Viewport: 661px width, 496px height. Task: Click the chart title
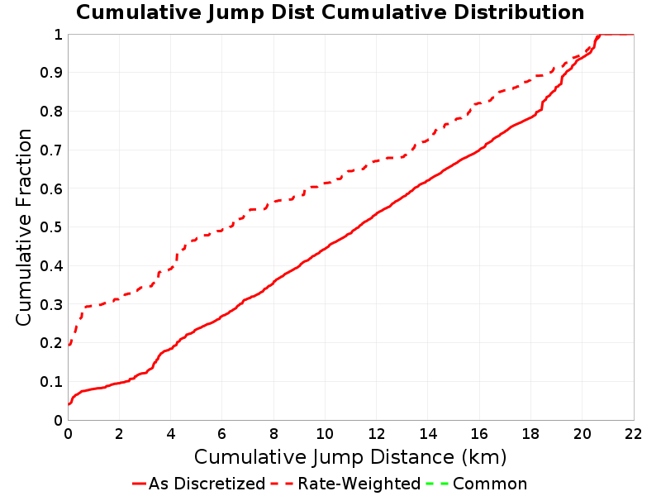(x=330, y=12)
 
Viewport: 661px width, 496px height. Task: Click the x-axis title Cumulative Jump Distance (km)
(x=350, y=458)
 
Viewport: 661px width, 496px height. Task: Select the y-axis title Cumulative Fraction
(x=24, y=227)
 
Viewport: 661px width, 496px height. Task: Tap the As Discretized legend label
(x=207, y=484)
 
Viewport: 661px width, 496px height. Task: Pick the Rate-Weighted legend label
(x=359, y=484)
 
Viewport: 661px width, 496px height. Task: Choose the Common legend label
(x=490, y=484)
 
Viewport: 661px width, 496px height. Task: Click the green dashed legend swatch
(x=437, y=484)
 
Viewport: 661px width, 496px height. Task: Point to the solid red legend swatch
(x=139, y=484)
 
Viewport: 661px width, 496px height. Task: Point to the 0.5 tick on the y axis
(x=51, y=227)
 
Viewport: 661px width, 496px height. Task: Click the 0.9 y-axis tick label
(x=51, y=73)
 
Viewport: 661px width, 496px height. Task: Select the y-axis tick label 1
(x=58, y=35)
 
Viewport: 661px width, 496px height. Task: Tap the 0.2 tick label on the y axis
(x=51, y=343)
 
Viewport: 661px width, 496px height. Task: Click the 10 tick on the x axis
(x=325, y=433)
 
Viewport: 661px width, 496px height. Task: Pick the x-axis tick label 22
(x=633, y=433)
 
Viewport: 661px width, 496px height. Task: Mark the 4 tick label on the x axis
(x=171, y=433)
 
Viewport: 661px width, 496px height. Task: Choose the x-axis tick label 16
(x=479, y=433)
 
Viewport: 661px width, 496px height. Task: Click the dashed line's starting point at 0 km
(x=69, y=345)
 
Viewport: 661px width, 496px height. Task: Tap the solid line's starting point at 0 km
(x=69, y=404)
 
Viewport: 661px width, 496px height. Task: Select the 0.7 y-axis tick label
(x=51, y=150)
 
